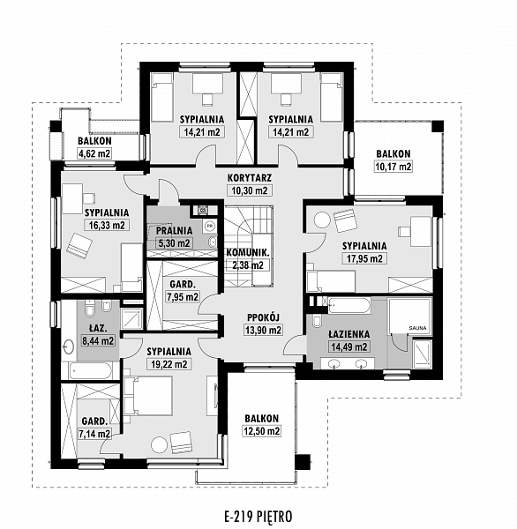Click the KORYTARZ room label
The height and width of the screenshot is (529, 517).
[250, 177]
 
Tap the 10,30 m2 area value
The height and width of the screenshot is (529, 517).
[250, 190]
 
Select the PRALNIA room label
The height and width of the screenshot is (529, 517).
[175, 231]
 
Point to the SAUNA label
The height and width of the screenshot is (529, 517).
[417, 328]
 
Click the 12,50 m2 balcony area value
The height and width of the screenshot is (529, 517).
[262, 431]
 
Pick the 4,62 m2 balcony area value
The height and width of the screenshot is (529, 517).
[94, 153]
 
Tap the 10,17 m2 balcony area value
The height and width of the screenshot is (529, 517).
[393, 167]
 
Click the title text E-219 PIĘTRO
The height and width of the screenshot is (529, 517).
[258, 516]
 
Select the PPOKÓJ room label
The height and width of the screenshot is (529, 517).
[264, 317]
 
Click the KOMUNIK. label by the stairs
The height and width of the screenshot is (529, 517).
[248, 252]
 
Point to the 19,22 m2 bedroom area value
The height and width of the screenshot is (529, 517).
[169, 364]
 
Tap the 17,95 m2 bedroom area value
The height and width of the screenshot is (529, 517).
[364, 258]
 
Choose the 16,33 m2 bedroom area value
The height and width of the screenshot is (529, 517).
[107, 226]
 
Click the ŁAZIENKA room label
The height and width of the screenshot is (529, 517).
[349, 334]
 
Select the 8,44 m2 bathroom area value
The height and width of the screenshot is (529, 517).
[98, 340]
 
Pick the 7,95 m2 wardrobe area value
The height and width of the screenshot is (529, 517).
[183, 297]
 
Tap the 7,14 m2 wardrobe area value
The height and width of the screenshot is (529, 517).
[94, 434]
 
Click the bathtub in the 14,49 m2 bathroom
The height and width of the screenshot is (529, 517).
[349, 305]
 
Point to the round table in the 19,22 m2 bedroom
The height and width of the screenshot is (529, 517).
[159, 445]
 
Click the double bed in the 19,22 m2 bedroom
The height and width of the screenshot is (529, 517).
[148, 396]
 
